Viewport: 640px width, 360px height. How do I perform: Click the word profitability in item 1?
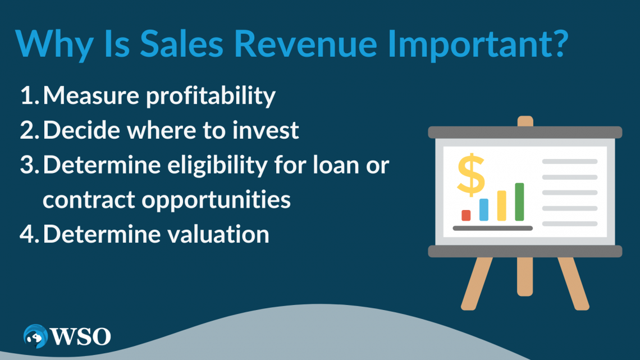(211, 97)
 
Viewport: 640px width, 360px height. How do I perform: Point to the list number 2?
(29, 131)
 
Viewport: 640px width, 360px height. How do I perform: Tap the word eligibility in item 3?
(237, 166)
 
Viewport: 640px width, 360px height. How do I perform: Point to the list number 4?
(29, 234)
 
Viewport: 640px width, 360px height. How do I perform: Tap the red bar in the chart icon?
(466, 215)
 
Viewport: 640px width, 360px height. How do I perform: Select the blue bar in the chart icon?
(483, 209)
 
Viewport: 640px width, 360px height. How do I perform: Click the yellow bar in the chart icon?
(501, 206)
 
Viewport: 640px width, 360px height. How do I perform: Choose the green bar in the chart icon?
(519, 202)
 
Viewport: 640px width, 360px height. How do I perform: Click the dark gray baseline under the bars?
(492, 228)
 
